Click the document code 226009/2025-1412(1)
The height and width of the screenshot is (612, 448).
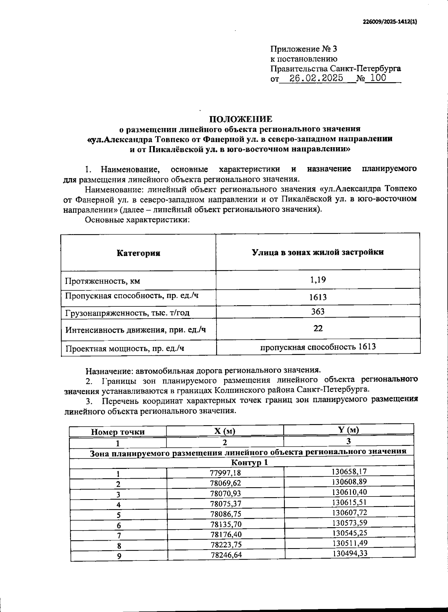pos(390,22)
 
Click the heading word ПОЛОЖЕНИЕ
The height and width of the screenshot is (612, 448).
pos(240,119)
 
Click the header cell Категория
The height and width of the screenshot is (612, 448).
pos(139,253)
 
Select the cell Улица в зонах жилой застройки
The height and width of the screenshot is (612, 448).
pos(318,252)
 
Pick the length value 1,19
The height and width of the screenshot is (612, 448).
pos(318,279)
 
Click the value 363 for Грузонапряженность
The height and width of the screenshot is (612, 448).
pos(318,312)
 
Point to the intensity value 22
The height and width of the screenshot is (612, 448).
pos(318,328)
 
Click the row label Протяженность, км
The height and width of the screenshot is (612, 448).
pos(103,281)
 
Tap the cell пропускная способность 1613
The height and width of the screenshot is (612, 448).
pos(318,347)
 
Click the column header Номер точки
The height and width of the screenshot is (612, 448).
pos(118,432)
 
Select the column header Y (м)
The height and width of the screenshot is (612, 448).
pos(348,430)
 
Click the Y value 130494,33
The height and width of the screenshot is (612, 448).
pos(350,553)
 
